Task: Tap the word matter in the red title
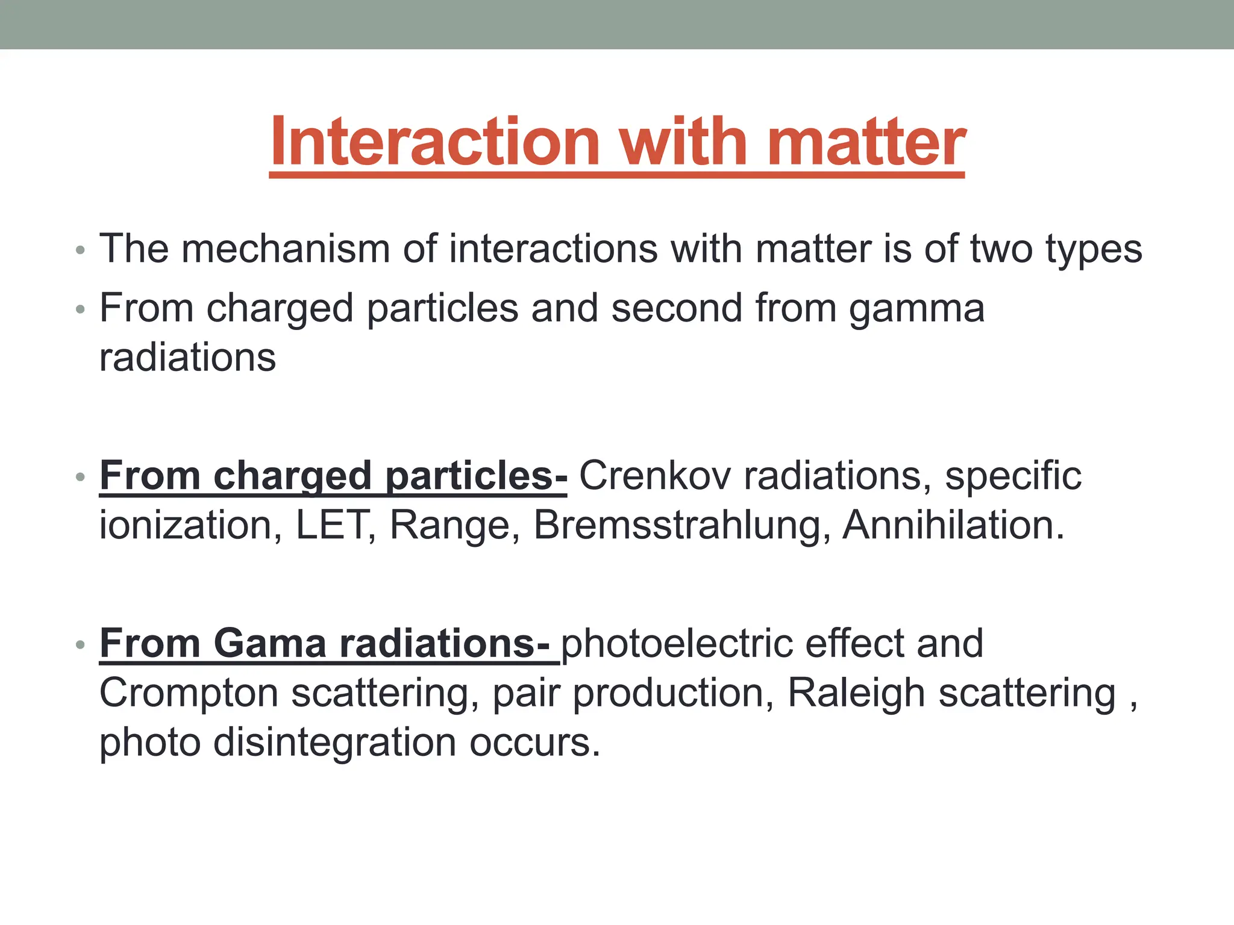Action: (x=866, y=142)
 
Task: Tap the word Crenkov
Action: (x=655, y=476)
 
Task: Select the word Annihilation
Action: (x=953, y=525)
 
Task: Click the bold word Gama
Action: (x=270, y=643)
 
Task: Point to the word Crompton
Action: (x=189, y=694)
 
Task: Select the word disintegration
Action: (x=334, y=743)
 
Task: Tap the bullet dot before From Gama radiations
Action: (x=80, y=645)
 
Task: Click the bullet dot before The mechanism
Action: (x=80, y=250)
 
